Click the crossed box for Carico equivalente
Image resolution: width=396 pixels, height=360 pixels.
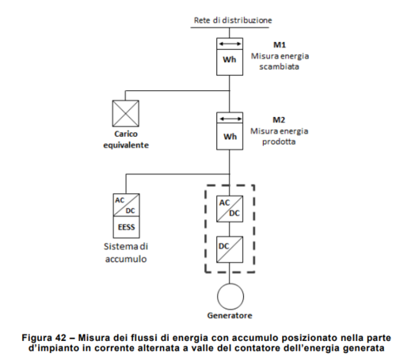126,113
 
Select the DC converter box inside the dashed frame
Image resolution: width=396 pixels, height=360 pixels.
229,248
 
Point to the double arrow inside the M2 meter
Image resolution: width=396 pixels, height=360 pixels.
229,119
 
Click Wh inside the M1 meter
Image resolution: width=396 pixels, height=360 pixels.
229,63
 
